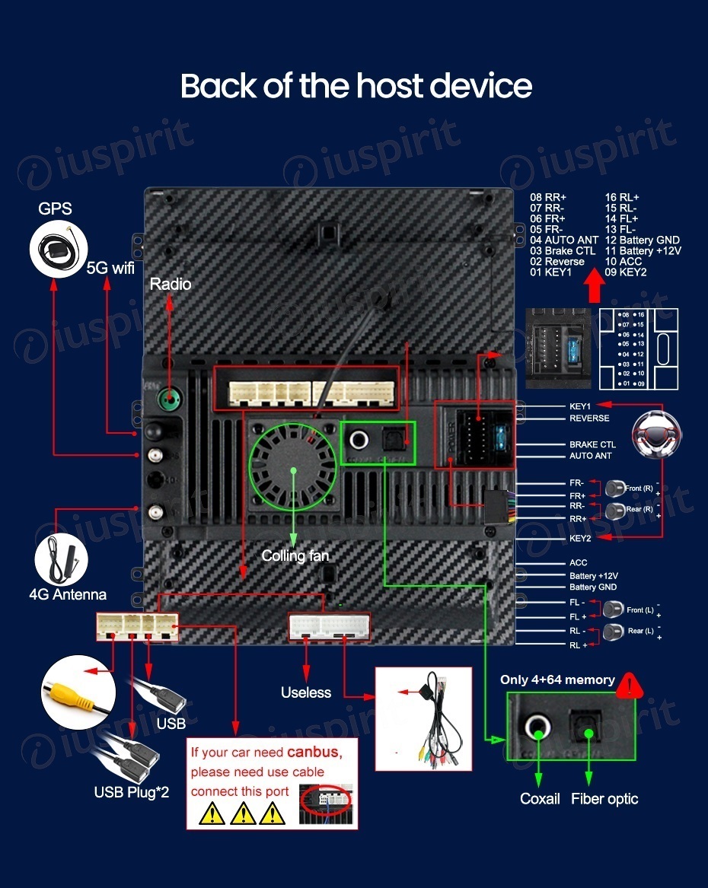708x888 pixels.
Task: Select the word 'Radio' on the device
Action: pyautogui.click(x=170, y=284)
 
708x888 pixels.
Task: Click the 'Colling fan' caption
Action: pyautogui.click(x=295, y=555)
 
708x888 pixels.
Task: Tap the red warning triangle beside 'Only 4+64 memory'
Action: pyautogui.click(x=630, y=686)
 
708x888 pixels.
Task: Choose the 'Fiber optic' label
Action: pyautogui.click(x=604, y=798)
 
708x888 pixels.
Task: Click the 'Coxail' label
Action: pyautogui.click(x=540, y=798)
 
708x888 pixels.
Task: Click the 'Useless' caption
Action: pyautogui.click(x=306, y=692)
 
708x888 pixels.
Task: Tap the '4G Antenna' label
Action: pyautogui.click(x=68, y=594)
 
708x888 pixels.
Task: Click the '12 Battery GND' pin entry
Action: pyautogui.click(x=642, y=240)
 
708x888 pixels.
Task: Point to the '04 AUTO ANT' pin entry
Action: pyautogui.click(x=564, y=240)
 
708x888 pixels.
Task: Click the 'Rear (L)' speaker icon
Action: pyautogui.click(x=613, y=631)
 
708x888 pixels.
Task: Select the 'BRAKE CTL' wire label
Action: pyautogui.click(x=592, y=444)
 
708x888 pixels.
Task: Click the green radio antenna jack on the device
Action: pyautogui.click(x=168, y=399)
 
